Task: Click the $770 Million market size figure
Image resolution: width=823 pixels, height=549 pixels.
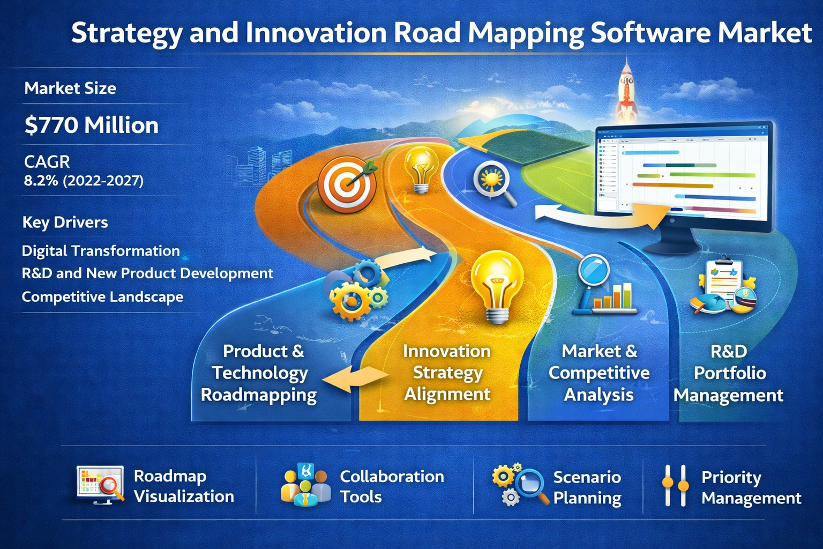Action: coord(92,125)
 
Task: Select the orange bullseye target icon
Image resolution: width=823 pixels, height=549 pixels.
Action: coord(348,184)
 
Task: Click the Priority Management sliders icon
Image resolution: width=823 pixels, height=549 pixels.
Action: coord(675,485)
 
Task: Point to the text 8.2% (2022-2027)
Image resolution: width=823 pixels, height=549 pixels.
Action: coord(84,181)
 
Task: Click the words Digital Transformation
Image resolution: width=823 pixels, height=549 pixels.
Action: coord(101,251)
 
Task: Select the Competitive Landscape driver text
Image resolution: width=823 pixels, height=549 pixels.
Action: coord(102,296)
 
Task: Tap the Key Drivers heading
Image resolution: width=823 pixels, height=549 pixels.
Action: coord(65,222)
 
